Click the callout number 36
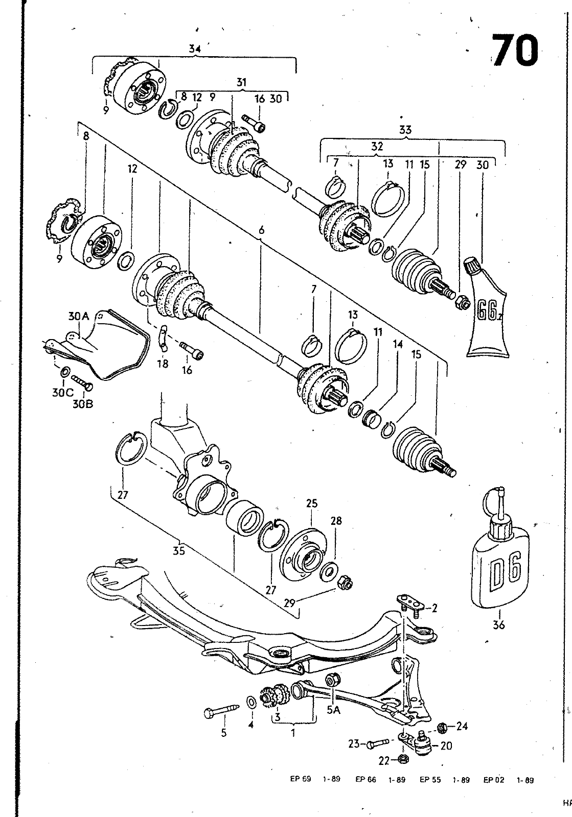click(498, 624)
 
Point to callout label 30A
click(78, 317)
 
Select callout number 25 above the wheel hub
click(311, 503)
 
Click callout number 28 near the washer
click(336, 521)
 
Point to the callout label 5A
click(333, 709)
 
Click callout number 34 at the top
click(194, 49)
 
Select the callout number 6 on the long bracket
click(261, 231)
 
